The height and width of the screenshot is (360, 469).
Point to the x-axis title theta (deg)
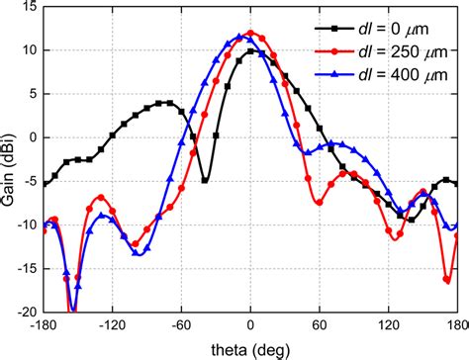250,349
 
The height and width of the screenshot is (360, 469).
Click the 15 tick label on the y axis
28,7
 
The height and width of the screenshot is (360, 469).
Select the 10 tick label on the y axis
28,50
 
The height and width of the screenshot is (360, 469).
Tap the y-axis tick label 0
33,137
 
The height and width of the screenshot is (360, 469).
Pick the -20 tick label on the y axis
24,312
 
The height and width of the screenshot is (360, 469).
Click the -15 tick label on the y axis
24,268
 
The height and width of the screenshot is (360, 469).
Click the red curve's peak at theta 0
250,33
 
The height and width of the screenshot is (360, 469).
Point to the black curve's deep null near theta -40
204,180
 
